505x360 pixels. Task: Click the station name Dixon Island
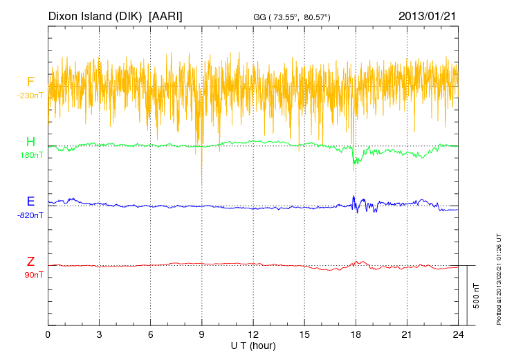coord(79,16)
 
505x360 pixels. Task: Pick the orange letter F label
coord(30,82)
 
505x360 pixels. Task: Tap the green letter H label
coord(30,143)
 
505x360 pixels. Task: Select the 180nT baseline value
coord(31,155)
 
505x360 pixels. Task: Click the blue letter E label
coord(30,202)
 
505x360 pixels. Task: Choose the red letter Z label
coord(30,262)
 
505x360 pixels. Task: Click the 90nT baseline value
coord(33,275)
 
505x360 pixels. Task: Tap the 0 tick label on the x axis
coord(48,335)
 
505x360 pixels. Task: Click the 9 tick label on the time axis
coord(202,335)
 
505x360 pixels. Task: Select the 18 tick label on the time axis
coord(356,335)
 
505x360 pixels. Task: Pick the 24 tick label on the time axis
coord(457,335)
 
